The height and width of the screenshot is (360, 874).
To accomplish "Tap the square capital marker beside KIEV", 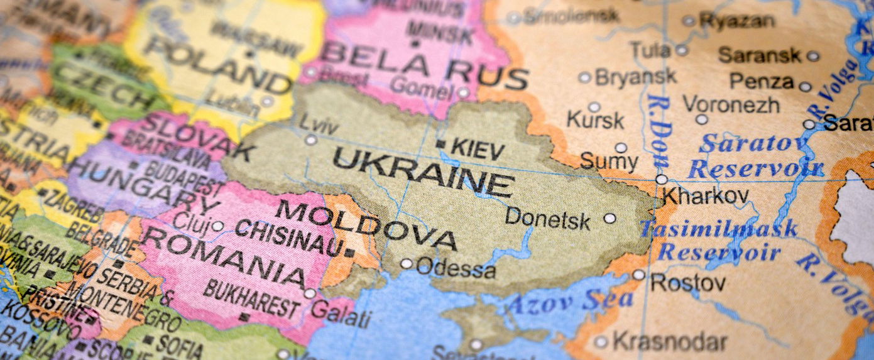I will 442,145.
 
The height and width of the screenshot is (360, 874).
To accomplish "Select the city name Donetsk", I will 548,219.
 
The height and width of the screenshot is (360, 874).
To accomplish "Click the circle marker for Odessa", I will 407,263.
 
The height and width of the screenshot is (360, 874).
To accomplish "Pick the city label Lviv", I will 319,123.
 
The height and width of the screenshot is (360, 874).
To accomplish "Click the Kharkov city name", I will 705,196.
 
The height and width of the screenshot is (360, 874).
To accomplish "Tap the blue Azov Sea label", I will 569,302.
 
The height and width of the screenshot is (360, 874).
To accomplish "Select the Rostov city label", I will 687,283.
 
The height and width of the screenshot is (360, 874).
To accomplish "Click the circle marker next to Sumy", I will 621,148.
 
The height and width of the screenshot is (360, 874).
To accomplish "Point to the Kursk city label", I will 595,119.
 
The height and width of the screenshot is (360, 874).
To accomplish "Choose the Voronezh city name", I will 731,104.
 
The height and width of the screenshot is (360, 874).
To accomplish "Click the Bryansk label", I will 635,77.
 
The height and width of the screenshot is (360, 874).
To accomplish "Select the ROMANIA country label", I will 224,258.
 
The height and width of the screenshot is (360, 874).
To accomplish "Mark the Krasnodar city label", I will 669,342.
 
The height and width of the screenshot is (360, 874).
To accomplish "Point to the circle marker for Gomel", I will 463,93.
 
